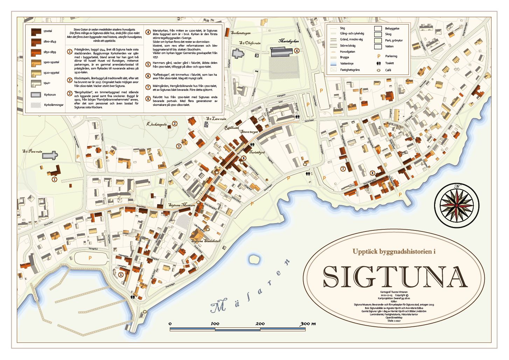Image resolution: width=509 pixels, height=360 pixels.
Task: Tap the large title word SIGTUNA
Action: pyautogui.click(x=395, y=276)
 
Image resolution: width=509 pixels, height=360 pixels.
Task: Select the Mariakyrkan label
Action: pyautogui.click(x=288, y=41)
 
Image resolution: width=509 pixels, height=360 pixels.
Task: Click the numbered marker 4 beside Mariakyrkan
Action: pyautogui.click(x=297, y=51)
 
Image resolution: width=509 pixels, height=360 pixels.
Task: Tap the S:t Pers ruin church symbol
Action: pyautogui.click(x=50, y=155)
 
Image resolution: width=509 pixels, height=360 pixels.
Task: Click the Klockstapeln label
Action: pyautogui.click(x=156, y=124)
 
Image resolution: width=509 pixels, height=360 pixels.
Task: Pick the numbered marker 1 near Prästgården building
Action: pyautogui.click(x=54, y=180)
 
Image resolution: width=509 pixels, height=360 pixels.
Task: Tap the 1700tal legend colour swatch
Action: pyautogui.click(x=36, y=32)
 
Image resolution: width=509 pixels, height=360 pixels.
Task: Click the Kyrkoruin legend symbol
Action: pyautogui.click(x=36, y=95)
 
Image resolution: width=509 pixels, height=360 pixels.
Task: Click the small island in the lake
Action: pyautogui.click(x=253, y=259)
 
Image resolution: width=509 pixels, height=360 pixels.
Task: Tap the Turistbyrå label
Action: pyautogui.click(x=257, y=153)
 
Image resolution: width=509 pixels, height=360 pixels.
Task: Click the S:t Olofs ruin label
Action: pyautogui.click(x=250, y=43)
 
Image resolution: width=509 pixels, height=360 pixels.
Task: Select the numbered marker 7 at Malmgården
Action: pyautogui.click(x=343, y=169)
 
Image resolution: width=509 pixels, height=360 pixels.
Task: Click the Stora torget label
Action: pyautogui.click(x=249, y=132)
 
